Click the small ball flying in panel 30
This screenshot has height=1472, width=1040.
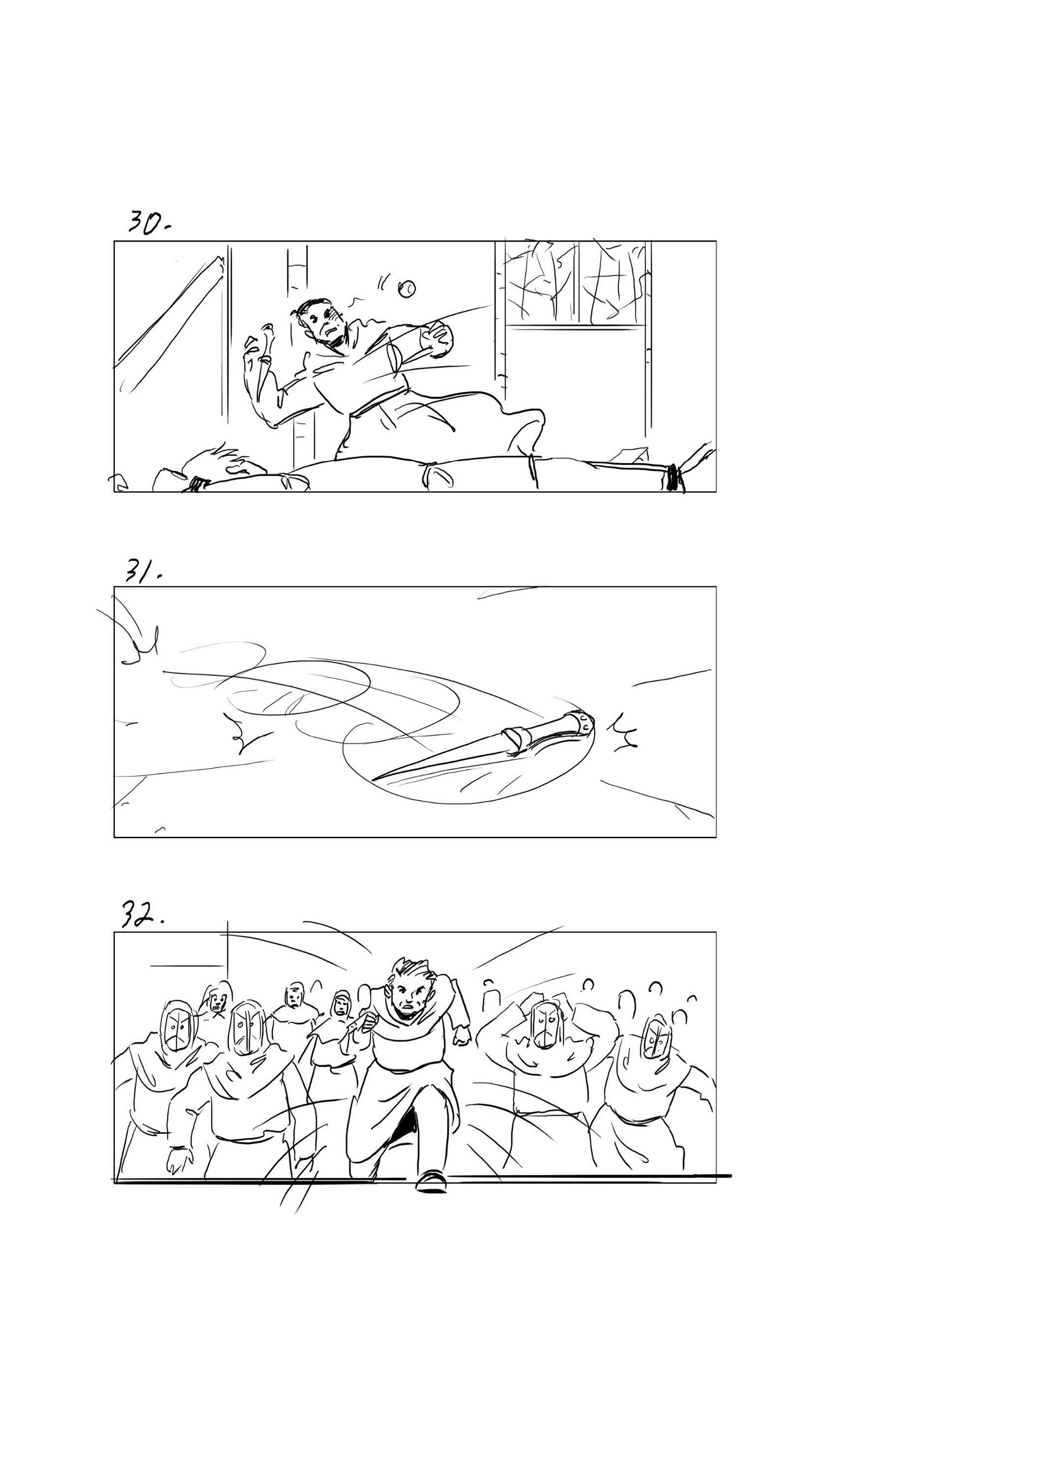click(x=407, y=289)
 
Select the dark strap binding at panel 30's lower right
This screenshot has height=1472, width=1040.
click(x=673, y=478)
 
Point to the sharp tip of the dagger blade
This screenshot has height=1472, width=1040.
click(x=374, y=780)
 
